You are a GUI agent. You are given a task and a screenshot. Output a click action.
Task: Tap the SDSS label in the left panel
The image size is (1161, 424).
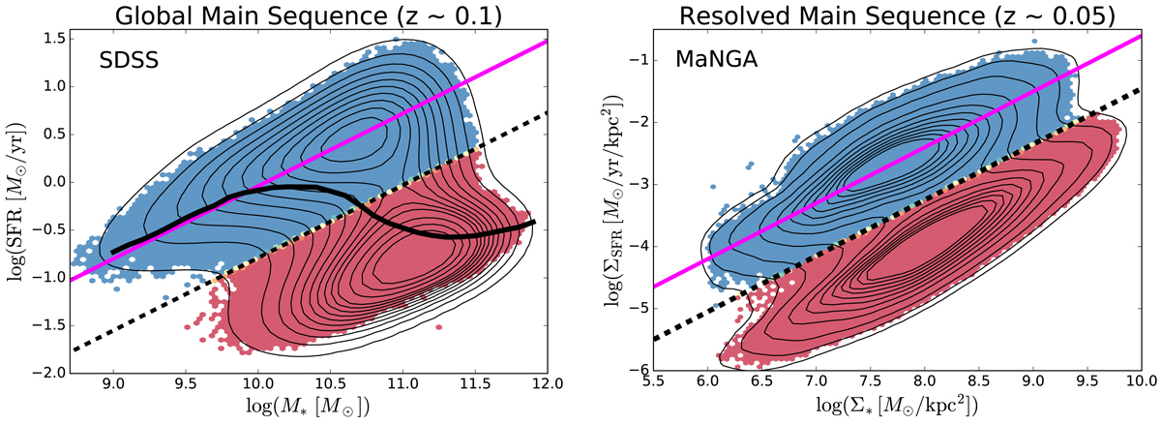click(131, 61)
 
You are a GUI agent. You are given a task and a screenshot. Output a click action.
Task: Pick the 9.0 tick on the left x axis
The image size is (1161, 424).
click(113, 386)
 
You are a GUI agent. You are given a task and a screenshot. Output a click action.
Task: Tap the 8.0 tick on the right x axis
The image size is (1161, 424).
click(925, 386)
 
